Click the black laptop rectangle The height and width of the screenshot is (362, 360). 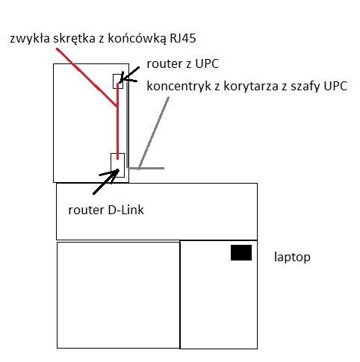click(x=241, y=252)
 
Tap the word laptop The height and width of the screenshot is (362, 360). click(x=292, y=258)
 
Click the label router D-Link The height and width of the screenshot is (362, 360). click(x=106, y=210)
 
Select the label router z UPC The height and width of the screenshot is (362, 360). click(x=183, y=64)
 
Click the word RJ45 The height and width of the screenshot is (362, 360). click(x=183, y=39)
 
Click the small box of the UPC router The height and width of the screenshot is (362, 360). click(x=118, y=81)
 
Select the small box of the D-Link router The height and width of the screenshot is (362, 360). click(x=117, y=165)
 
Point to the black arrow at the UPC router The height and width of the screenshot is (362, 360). click(x=128, y=75)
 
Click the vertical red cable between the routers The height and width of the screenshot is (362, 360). click(x=118, y=121)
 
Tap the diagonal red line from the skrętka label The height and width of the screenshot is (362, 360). click(x=87, y=78)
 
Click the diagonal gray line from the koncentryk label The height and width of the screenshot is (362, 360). click(x=154, y=133)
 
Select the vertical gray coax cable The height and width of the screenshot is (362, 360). click(x=128, y=125)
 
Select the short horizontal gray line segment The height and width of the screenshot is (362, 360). click(x=146, y=169)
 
